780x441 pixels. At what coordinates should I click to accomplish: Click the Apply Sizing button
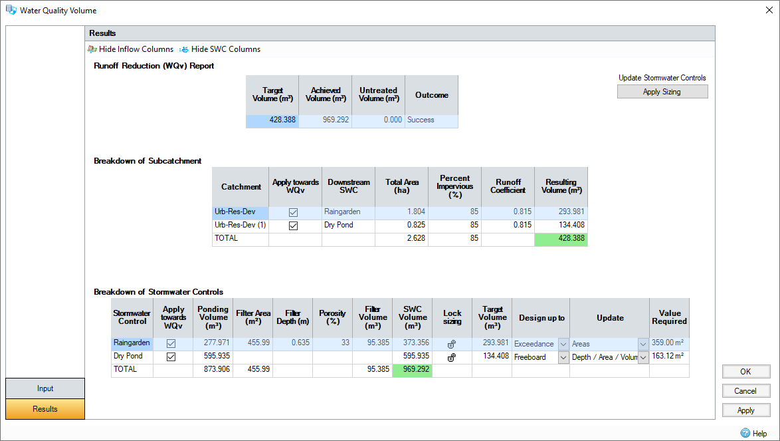pyautogui.click(x=662, y=92)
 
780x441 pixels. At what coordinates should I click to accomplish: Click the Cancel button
pyautogui.click(x=746, y=391)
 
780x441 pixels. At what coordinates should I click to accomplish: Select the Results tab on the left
pyautogui.click(x=45, y=409)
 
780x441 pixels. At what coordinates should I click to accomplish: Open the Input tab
pyautogui.click(x=45, y=388)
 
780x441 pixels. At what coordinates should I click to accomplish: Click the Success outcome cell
pyautogui.click(x=431, y=120)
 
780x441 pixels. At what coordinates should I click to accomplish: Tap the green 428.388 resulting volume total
pyautogui.click(x=561, y=238)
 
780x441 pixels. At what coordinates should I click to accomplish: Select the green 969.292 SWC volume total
pyautogui.click(x=412, y=369)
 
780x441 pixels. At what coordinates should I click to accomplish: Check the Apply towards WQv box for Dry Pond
pyautogui.click(x=171, y=357)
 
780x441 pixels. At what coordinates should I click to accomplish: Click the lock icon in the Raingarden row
pyautogui.click(x=452, y=345)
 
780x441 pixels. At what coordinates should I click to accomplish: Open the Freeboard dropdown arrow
pyautogui.click(x=563, y=357)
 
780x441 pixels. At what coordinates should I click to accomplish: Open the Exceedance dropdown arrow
pyautogui.click(x=563, y=344)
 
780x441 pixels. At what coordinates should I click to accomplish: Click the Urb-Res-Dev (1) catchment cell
pyautogui.click(x=240, y=225)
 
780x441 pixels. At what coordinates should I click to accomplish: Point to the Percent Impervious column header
pyautogui.click(x=454, y=186)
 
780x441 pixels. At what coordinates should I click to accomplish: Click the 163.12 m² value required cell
pyautogui.click(x=668, y=357)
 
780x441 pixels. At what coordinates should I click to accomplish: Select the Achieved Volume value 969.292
pyautogui.click(x=326, y=120)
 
